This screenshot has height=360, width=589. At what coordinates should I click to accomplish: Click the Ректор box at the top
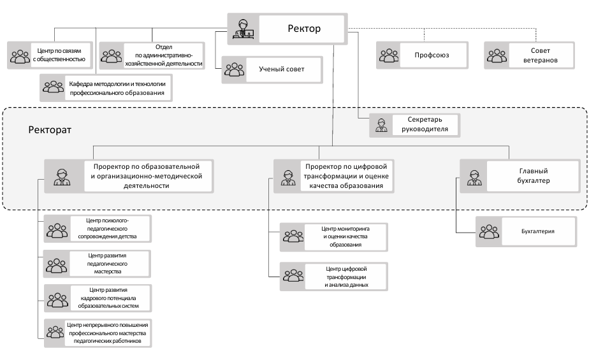[x=287, y=29]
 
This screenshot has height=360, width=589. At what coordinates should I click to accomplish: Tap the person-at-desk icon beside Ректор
[x=243, y=29]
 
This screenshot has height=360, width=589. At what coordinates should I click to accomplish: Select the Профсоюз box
[x=422, y=55]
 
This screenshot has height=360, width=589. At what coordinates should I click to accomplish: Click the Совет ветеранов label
[x=540, y=55]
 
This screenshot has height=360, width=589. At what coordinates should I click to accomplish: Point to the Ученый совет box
[x=272, y=70]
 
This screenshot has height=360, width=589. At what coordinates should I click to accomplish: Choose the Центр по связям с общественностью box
[x=50, y=55]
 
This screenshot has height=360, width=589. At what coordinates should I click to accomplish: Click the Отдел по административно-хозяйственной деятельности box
[x=152, y=55]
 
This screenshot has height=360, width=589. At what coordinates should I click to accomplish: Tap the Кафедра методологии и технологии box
[x=106, y=88]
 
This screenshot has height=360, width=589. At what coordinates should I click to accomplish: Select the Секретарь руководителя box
[x=415, y=125]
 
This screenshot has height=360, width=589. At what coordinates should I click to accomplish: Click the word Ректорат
[x=50, y=130]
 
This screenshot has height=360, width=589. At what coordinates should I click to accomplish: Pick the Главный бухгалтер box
[x=520, y=176]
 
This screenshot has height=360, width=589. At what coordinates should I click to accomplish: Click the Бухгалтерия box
[x=526, y=232]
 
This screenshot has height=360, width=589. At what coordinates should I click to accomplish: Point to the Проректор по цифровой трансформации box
[x=333, y=176]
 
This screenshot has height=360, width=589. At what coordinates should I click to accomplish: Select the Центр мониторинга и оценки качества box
[x=333, y=237]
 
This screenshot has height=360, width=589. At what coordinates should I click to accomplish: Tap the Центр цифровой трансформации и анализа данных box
[x=333, y=277]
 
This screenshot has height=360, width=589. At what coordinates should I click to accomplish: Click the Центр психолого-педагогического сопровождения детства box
[x=98, y=229]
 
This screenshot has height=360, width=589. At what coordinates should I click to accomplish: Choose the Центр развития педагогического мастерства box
[x=98, y=264]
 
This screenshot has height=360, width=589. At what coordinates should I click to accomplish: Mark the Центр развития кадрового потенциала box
[x=98, y=298]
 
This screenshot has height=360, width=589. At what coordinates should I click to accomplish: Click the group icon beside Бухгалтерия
[x=489, y=232]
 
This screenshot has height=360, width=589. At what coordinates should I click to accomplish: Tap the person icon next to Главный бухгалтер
[x=474, y=178]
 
